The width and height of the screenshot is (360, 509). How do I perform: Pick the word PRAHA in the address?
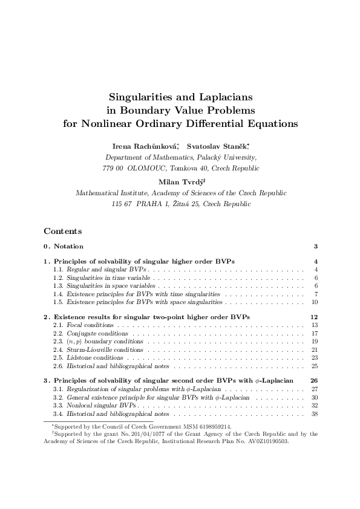pos(152,204)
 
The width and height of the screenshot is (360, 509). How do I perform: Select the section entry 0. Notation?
pos(64,247)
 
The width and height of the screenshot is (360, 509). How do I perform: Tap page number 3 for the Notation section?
pos(316,247)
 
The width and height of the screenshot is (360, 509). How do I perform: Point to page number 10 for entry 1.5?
pos(315,302)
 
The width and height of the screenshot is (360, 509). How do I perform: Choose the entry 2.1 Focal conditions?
pos(83,325)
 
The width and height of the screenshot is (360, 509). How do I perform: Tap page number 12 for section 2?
pos(314,317)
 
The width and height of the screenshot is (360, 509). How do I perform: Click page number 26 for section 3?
pos(314,381)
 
